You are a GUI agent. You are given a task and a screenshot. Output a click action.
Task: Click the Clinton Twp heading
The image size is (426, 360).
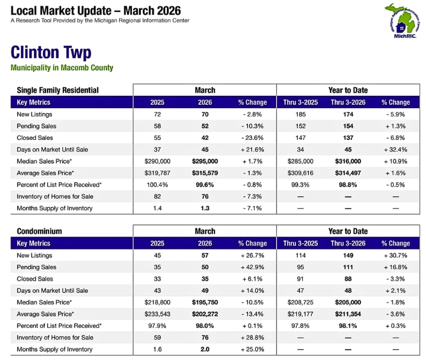click(51, 53)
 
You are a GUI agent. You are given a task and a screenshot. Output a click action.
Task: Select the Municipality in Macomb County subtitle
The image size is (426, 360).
click(62, 68)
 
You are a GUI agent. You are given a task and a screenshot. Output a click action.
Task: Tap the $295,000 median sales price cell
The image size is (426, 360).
click(205, 161)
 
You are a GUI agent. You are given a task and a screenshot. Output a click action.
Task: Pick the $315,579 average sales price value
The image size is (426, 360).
click(205, 173)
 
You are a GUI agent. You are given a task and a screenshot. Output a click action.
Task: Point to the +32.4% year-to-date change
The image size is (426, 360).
click(395, 149)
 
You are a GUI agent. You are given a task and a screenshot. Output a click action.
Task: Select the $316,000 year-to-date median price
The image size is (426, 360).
click(348, 161)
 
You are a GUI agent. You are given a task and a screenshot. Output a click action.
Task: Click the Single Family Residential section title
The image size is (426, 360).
click(58, 90)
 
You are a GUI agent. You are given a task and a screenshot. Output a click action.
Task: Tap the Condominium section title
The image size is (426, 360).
click(40, 231)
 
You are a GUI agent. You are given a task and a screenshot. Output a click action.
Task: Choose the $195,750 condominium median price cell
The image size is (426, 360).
click(205, 302)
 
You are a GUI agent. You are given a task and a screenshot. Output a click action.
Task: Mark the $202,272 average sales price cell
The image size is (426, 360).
click(205, 314)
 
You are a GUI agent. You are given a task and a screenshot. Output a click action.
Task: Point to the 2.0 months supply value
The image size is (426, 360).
click(205, 349)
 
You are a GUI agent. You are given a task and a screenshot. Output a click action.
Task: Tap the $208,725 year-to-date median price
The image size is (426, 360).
click(301, 302)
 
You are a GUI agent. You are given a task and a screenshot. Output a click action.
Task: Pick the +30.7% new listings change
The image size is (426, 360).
click(395, 255)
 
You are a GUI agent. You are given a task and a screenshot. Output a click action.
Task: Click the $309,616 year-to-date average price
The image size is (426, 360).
click(301, 173)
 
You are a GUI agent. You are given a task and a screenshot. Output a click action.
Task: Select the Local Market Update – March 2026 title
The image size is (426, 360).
click(96, 11)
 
